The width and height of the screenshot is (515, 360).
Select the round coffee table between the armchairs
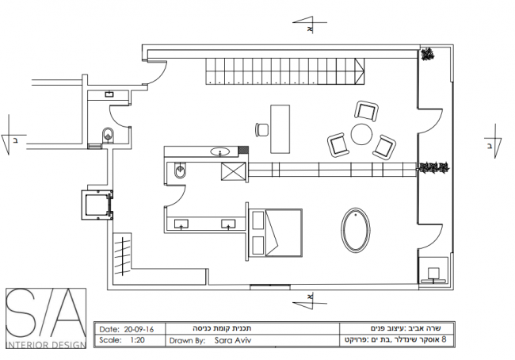pos(361,134)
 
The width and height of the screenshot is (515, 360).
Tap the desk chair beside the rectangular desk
pos(262,129)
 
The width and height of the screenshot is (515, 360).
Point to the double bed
pos(275,232)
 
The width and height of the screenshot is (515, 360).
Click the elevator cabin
pos(96,205)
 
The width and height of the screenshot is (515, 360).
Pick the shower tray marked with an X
pos(234,171)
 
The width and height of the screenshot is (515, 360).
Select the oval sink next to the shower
pos(219,151)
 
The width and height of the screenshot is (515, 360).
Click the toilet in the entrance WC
pos(108,135)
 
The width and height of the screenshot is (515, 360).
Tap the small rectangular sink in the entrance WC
pos(109,94)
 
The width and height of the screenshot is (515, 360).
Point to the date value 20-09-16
pos(139,329)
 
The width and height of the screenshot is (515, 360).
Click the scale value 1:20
pos(137,339)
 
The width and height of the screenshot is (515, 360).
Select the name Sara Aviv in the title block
pos(232,340)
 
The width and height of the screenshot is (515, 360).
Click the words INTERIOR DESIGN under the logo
pos(45,345)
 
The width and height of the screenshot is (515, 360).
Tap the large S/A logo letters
pos(46,314)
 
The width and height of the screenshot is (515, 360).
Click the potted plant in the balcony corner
pos(427,54)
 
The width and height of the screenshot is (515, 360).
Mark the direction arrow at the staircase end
pos(360,71)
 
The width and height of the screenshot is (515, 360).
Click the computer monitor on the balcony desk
pos(433,273)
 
